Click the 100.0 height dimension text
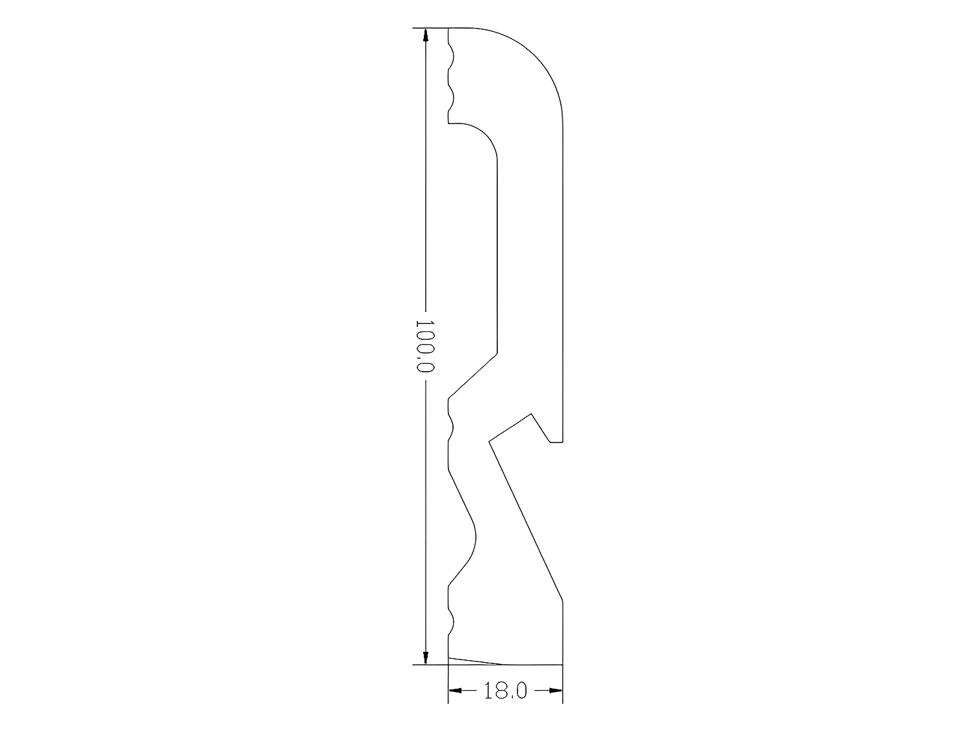(x=424, y=345)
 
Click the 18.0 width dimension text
(x=505, y=690)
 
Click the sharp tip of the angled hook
(x=489, y=442)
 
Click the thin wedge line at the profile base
(x=474, y=661)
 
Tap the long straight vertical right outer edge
(x=562, y=273)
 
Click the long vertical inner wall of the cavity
(x=497, y=260)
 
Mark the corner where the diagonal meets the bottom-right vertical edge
(x=562, y=601)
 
